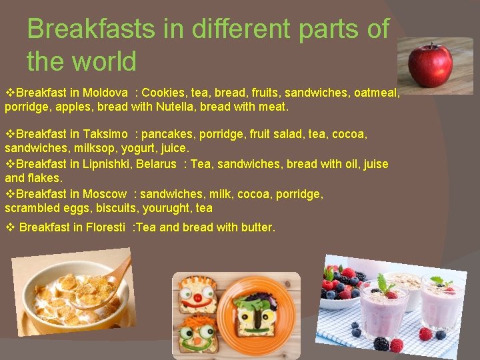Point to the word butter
coord(257,227)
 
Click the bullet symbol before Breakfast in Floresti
coord(9,227)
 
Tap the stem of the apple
coord(432,46)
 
